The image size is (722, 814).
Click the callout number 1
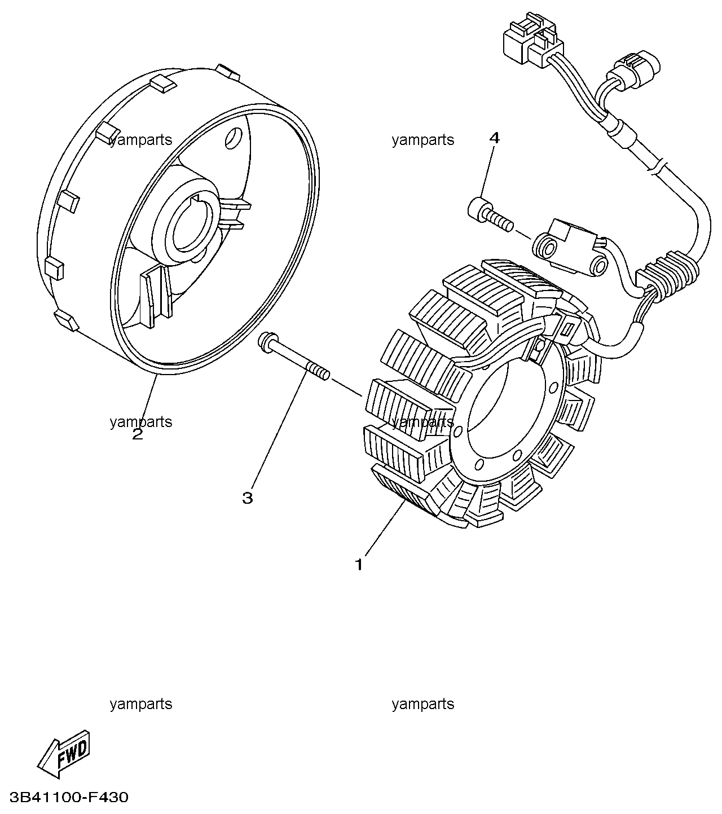[358, 564]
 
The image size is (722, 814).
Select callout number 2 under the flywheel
[138, 434]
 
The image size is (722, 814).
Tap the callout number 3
[248, 498]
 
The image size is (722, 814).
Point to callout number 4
[494, 138]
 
